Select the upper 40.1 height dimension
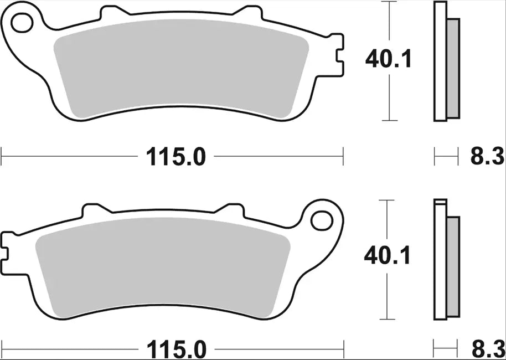(388, 59)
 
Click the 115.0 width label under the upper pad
(175, 157)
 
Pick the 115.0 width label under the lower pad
(175, 349)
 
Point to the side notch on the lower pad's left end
(6, 247)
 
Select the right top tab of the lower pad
(231, 209)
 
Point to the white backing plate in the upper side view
(441, 61)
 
